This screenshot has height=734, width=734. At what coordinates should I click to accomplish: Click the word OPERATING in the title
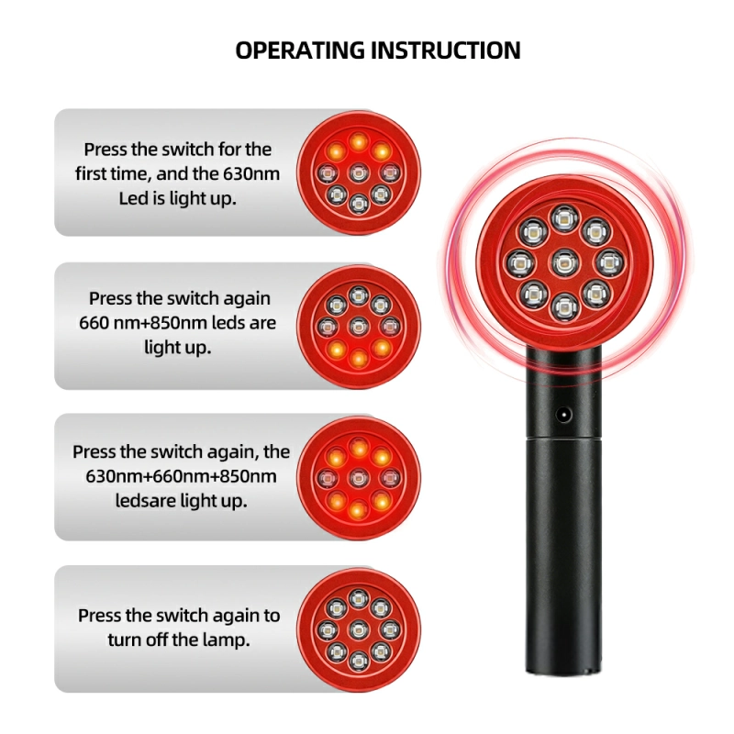point(299,50)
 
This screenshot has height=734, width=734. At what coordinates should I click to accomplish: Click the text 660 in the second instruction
point(94,323)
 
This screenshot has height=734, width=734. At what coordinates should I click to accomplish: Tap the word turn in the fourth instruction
point(126,639)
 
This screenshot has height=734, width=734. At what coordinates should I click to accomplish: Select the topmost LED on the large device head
point(562,218)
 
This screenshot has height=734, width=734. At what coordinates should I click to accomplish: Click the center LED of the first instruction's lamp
point(359,172)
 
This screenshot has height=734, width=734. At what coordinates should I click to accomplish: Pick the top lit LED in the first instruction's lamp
point(359,141)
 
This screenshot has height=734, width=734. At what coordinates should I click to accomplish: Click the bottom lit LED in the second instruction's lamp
point(359,357)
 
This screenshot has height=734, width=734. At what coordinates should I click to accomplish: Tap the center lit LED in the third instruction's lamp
point(359,477)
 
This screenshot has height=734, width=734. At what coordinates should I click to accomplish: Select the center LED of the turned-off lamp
point(359,629)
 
